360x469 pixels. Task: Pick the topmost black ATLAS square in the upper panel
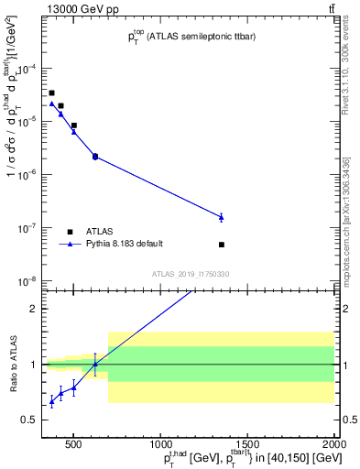pos(51,93)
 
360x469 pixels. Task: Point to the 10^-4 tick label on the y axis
pos(25,69)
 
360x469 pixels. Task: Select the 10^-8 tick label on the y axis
pos(25,281)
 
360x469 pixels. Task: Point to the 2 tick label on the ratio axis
pos(30,309)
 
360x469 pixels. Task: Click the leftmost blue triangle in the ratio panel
pos(51,400)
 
